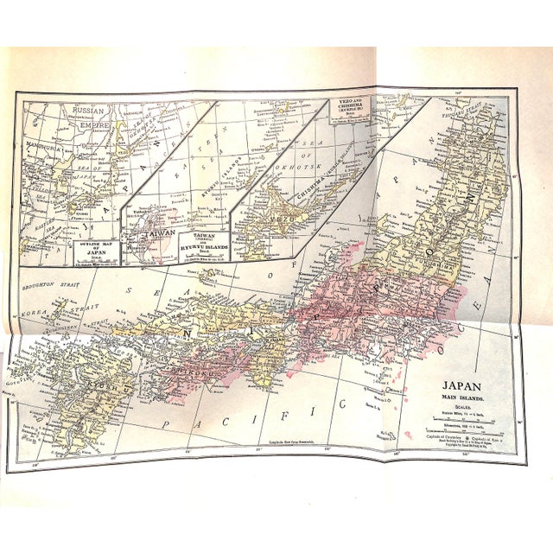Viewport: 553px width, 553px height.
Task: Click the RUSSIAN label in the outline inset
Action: (86, 111)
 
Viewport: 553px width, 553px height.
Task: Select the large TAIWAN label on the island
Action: (147, 232)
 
